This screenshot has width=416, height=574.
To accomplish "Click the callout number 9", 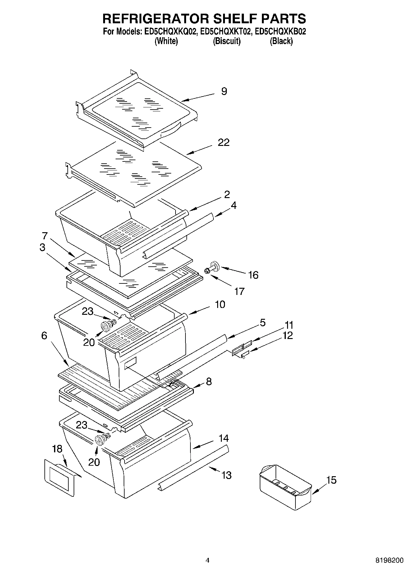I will tap(224, 91).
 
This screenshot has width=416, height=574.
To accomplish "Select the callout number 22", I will tap(224, 142).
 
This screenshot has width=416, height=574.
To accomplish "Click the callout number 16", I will tap(253, 275).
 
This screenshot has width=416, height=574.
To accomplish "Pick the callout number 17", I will tap(239, 291).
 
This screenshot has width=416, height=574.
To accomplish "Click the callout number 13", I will tap(226, 475).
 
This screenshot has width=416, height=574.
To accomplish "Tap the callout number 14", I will tap(223, 438).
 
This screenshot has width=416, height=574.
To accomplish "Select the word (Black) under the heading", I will tap(281, 41).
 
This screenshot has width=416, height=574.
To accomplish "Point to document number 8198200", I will tap(389, 560).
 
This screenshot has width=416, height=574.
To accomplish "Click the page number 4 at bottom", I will tap(208, 560).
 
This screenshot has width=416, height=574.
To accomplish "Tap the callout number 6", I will tap(44, 336).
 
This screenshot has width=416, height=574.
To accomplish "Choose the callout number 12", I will tap(288, 336).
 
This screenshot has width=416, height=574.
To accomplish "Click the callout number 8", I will tap(209, 382).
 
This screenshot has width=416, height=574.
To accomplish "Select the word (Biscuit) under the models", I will tap(226, 41).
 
